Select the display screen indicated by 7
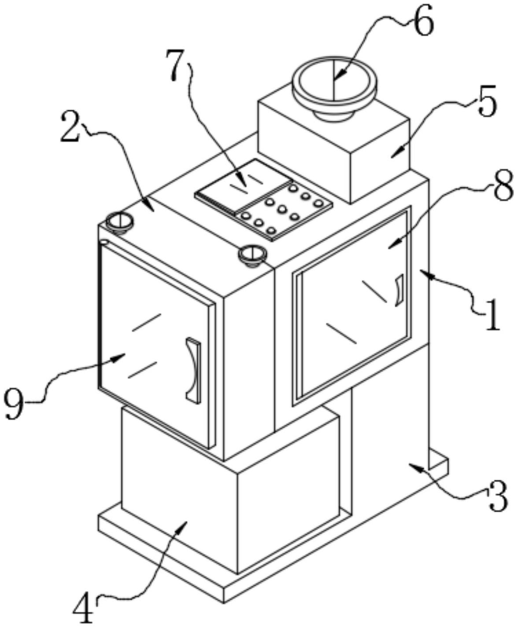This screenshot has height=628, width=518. pos(243,187)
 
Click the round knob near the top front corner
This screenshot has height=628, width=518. pos(252,255)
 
